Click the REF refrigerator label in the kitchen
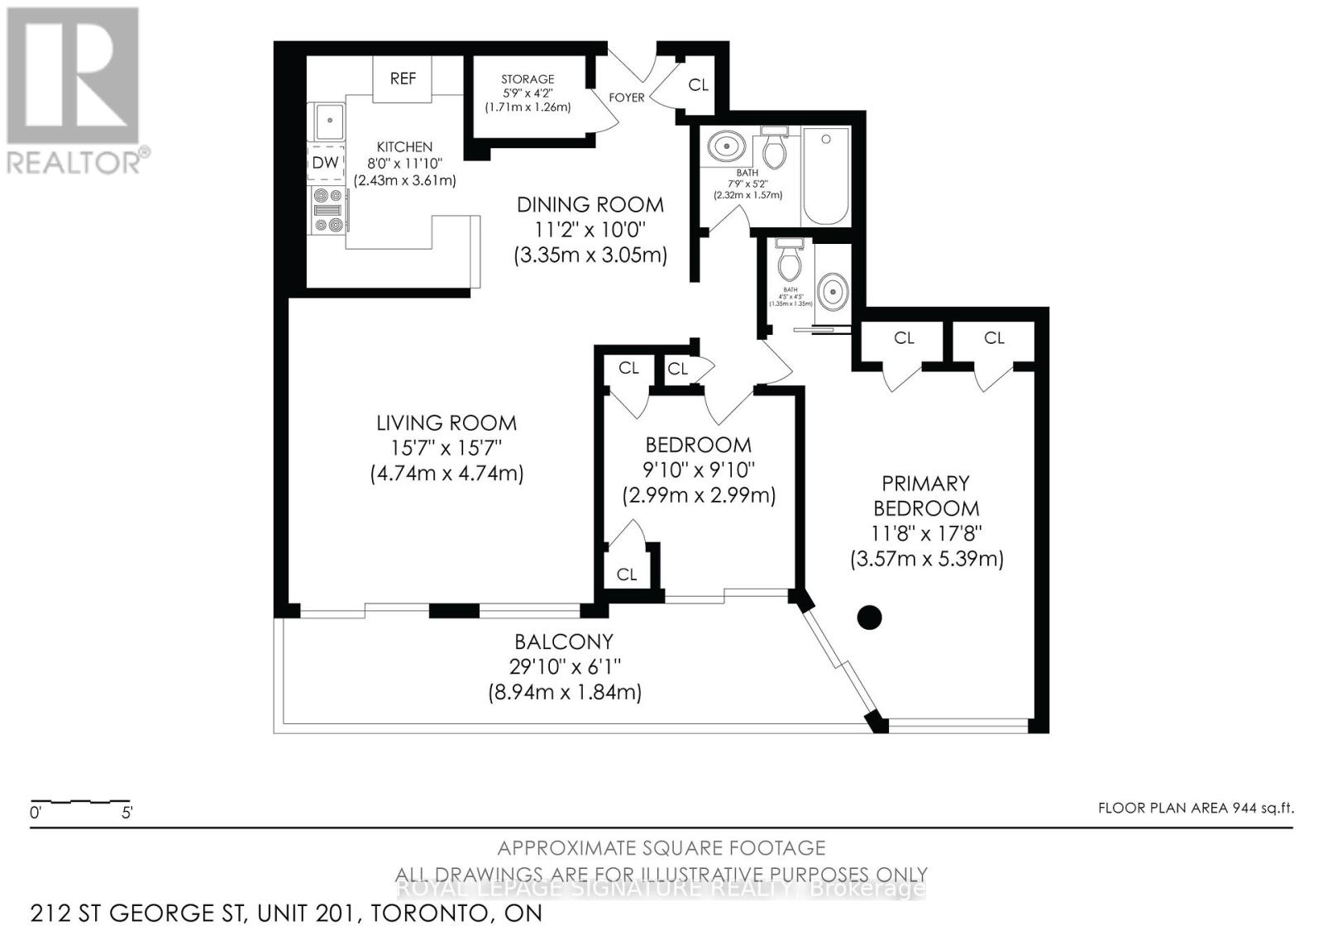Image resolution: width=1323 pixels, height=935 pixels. [x=403, y=79]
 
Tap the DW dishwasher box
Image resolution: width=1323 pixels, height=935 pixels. [x=325, y=163]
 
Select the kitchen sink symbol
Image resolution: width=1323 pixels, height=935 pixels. [x=327, y=122]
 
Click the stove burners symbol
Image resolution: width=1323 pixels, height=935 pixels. [x=327, y=210]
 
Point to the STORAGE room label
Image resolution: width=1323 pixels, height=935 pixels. [x=528, y=79]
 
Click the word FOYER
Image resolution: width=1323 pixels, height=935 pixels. [x=627, y=98]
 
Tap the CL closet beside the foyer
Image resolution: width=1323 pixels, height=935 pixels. [x=698, y=84]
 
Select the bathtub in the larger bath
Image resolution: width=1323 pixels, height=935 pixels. [x=825, y=175]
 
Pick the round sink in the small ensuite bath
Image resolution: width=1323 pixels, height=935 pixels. [x=832, y=291]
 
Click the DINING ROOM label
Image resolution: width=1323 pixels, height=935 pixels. [x=590, y=204]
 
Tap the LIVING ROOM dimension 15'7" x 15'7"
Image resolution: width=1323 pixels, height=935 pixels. [x=447, y=448]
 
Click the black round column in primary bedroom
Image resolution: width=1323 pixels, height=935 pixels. [x=869, y=617]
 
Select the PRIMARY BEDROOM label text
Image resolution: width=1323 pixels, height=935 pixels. [x=925, y=495]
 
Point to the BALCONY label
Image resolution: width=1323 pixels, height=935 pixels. [x=564, y=642]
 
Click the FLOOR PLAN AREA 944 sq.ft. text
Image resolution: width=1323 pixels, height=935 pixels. [x=1195, y=809]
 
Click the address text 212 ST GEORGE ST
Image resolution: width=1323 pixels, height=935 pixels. [x=137, y=914]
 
